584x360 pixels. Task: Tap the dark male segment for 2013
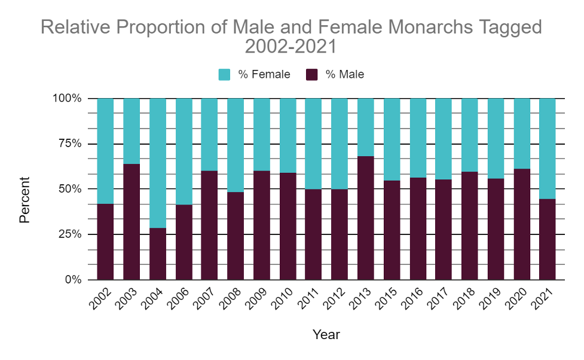pyautogui.click(x=366, y=218)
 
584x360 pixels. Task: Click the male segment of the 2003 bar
pyautogui.click(x=132, y=221)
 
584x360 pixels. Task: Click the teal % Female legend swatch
pyautogui.click(x=225, y=75)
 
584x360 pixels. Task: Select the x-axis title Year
pyautogui.click(x=326, y=334)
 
